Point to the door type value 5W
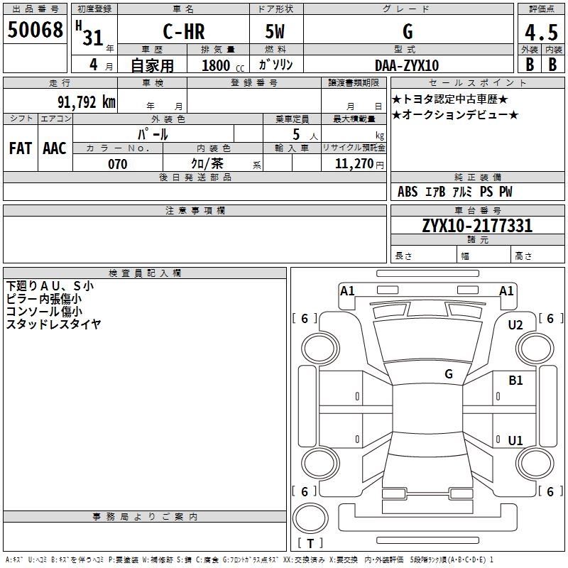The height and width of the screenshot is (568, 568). (x=275, y=32)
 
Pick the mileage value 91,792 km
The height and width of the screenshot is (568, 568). (x=86, y=102)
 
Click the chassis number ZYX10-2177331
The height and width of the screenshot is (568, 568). (x=477, y=226)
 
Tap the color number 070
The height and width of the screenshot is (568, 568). (x=117, y=164)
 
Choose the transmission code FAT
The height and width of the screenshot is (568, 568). (x=20, y=148)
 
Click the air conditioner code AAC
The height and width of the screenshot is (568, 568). (x=55, y=148)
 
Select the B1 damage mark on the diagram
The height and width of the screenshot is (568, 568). (x=515, y=381)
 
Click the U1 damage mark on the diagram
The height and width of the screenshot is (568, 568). (x=515, y=440)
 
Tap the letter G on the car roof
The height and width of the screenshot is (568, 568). (x=448, y=374)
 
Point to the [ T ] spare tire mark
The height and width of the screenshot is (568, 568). (x=310, y=543)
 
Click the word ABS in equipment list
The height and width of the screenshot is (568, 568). (x=408, y=192)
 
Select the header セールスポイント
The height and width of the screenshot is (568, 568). (x=479, y=82)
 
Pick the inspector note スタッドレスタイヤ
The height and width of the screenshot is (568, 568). (x=53, y=324)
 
